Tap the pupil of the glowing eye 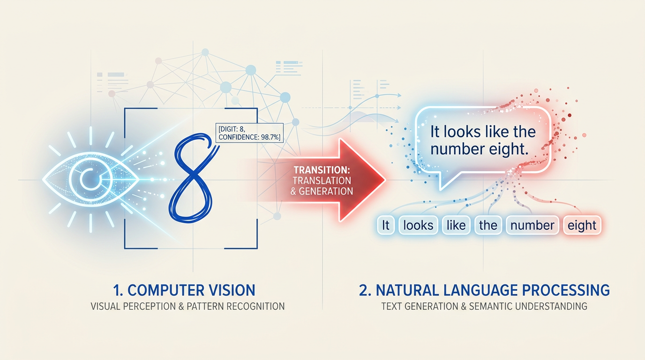[86, 179]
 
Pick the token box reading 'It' [386, 225]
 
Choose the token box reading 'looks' [418, 225]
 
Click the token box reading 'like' [456, 225]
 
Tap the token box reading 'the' [488, 225]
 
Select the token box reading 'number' [532, 225]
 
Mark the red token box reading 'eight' [582, 225]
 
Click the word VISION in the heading [231, 290]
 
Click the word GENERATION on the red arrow [327, 191]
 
